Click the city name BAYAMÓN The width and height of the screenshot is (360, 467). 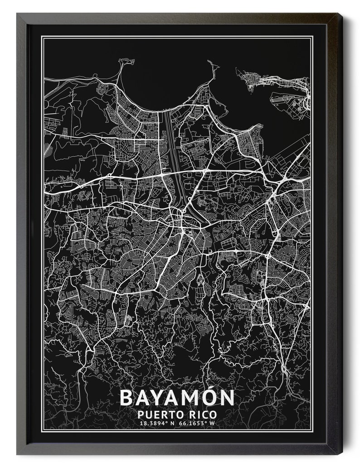[x=177, y=398]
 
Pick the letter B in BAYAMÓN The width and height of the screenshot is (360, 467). [x=126, y=398]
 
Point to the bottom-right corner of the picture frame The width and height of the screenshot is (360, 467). [x=342, y=454]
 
